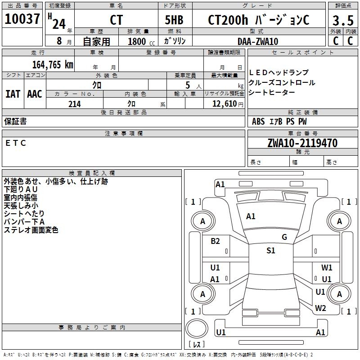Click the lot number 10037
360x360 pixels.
(x=22, y=19)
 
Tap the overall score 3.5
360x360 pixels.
(x=343, y=21)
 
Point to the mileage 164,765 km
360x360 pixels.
(x=53, y=64)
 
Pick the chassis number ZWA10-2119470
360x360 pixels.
(x=302, y=143)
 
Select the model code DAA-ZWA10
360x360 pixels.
(x=258, y=41)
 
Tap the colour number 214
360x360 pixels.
(x=75, y=104)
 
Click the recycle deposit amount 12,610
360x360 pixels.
(x=223, y=104)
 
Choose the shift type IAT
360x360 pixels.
(x=13, y=94)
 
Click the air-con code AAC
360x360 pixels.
(x=35, y=94)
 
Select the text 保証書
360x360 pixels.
(x=15, y=121)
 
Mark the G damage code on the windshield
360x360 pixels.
(x=284, y=237)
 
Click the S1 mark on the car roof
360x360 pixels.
(x=270, y=251)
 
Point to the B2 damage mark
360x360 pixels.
(x=215, y=241)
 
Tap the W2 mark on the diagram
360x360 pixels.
(x=320, y=308)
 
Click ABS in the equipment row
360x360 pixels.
(x=258, y=121)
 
